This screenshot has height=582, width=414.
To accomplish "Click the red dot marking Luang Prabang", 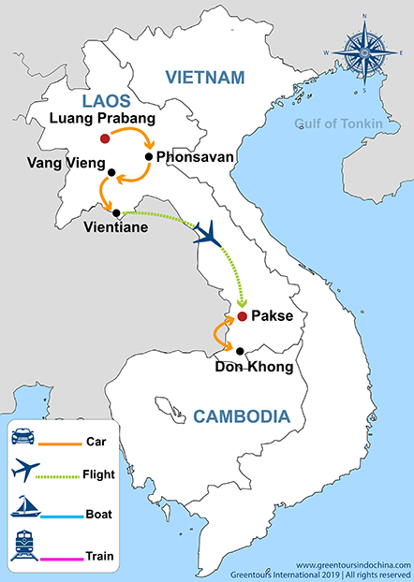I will pyautogui.click(x=105, y=139).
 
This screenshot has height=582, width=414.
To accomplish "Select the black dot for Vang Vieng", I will pyautogui.click(x=111, y=172).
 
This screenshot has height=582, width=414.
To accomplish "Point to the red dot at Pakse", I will pyautogui.click(x=242, y=317).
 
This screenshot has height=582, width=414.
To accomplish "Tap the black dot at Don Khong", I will pyautogui.click(x=240, y=352).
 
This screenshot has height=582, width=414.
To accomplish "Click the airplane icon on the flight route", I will pyautogui.click(x=212, y=233).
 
